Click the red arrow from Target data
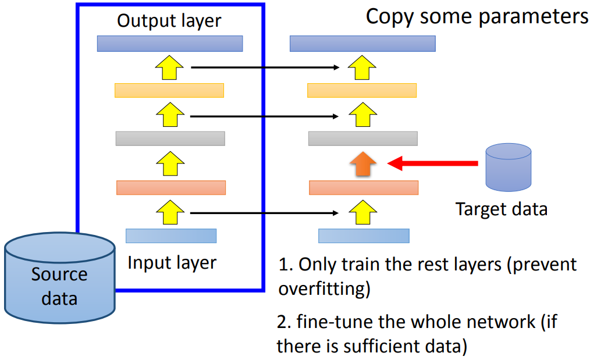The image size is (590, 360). [433, 164]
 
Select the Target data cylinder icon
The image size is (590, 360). [509, 167]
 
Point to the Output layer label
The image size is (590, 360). [169, 21]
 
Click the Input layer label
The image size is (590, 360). [172, 262]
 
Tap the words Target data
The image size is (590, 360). [501, 209]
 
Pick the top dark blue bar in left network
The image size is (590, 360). [169, 44]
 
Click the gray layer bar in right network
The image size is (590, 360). [362, 138]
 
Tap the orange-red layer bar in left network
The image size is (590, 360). [170, 187]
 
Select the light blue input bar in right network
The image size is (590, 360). [363, 236]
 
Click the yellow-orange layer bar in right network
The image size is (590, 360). [361, 90]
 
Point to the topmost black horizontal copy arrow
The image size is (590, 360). [265, 67]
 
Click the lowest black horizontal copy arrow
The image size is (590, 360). [265, 213]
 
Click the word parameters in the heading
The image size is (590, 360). [534, 16]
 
